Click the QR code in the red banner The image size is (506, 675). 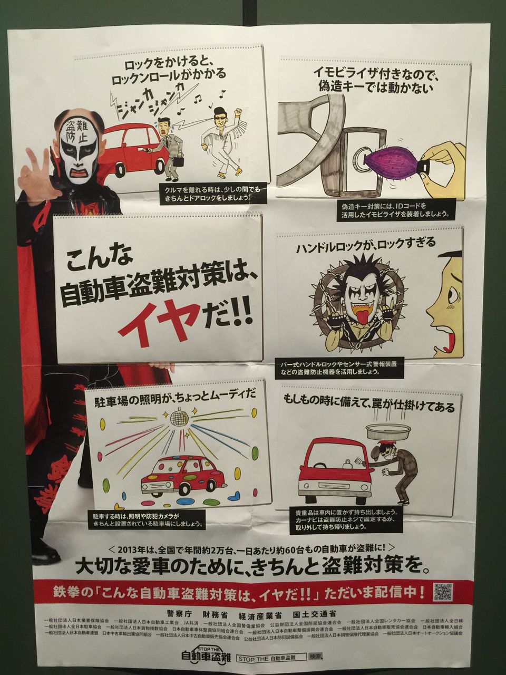click(442, 592)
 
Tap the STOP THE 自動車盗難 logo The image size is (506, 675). click(206, 657)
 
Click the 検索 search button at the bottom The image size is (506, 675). click(316, 657)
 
